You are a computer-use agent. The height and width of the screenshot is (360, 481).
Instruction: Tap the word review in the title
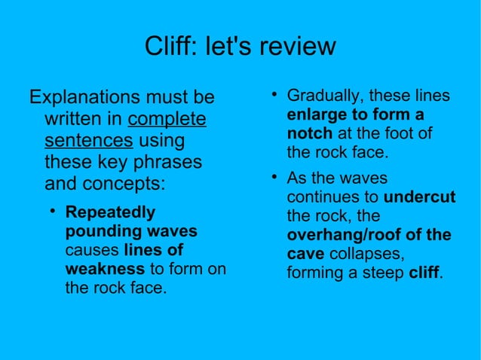point(297,47)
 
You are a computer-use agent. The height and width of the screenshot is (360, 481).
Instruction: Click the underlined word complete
point(167,120)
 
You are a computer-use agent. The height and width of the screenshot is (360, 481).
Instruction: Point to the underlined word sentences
point(89,141)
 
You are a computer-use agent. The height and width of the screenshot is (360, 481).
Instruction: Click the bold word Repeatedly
point(110,212)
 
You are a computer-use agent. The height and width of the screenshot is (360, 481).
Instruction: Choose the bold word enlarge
point(314,115)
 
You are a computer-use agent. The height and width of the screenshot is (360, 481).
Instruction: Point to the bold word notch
point(309,134)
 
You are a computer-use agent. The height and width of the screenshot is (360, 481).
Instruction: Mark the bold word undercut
point(419,197)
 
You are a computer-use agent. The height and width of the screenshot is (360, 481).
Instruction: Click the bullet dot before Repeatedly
point(53,211)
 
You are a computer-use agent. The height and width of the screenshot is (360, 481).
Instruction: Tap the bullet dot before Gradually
point(275,96)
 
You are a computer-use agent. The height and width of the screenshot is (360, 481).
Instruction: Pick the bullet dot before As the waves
point(275,178)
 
